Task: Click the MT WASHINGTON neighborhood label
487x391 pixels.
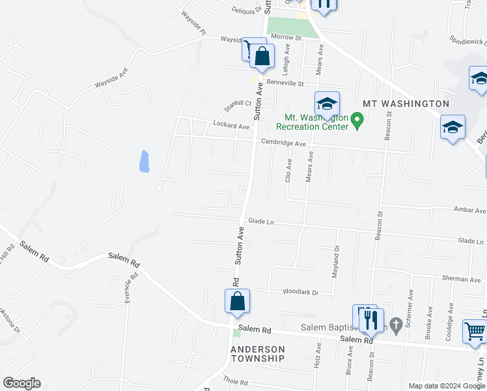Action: (x=406, y=104)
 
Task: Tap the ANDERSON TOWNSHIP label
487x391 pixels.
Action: (x=258, y=354)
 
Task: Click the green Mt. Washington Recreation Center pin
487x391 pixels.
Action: (x=356, y=119)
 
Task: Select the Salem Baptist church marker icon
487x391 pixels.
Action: (x=395, y=325)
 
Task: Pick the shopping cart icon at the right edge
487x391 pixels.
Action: (x=475, y=332)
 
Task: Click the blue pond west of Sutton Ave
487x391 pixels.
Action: (x=145, y=161)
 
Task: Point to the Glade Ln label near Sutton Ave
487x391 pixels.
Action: (x=260, y=222)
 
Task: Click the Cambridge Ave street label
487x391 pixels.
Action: (x=283, y=143)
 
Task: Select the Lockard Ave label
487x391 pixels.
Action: (x=231, y=125)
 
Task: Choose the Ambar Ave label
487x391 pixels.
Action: (x=469, y=210)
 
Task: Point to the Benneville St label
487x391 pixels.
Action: (x=285, y=83)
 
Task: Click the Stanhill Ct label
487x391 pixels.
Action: (x=238, y=104)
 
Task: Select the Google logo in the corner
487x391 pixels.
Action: (x=21, y=383)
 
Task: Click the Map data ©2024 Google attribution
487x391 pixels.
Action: (x=447, y=386)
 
